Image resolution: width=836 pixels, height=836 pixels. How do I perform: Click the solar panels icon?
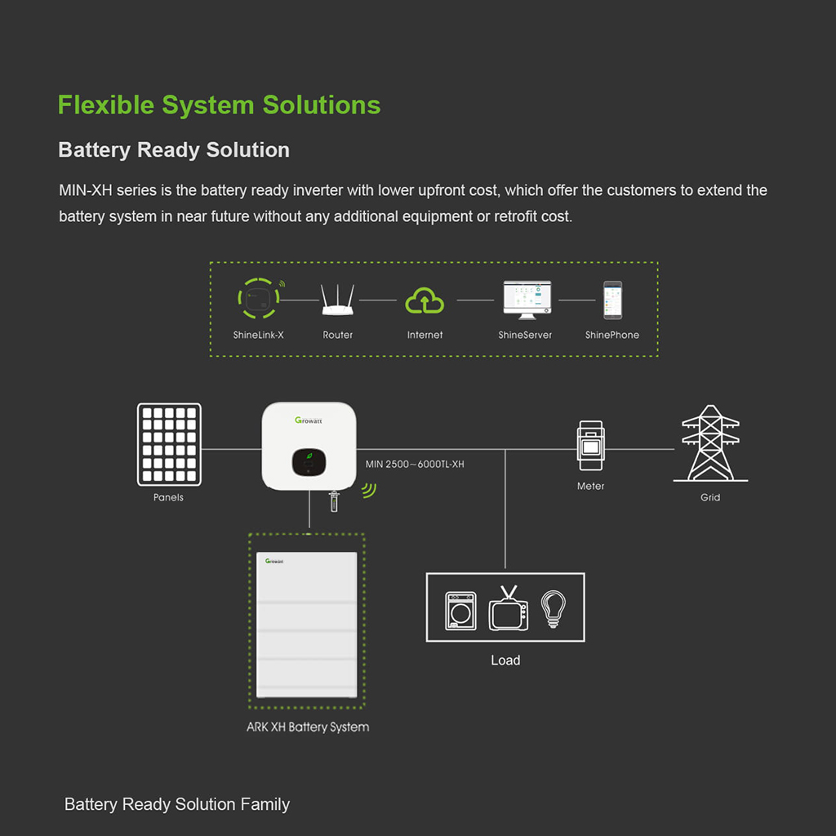coord(170,444)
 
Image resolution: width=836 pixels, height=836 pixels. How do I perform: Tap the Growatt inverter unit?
coord(309,446)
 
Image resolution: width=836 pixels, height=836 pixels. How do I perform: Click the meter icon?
coord(590,446)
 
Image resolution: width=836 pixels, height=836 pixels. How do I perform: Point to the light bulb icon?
coord(554,609)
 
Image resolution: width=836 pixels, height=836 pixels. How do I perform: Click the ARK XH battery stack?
coord(307,625)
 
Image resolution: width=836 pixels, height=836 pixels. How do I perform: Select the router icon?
coord(337,300)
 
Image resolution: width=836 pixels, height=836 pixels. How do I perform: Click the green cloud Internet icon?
coord(425,301)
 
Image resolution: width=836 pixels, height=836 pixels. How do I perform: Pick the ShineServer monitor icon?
coord(526,300)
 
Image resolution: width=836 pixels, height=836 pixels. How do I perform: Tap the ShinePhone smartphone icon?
coord(612,300)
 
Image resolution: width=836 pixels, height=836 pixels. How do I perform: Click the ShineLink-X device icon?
coord(257,300)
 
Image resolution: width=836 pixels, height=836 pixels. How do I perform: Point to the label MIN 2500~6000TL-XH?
coord(415,465)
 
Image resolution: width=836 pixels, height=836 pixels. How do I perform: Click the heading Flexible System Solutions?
coord(219,105)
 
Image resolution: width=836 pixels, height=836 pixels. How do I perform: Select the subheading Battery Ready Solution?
coord(174,150)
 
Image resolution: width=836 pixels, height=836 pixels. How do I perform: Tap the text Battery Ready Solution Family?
coord(177,804)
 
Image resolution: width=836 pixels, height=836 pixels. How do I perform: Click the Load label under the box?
coord(505,660)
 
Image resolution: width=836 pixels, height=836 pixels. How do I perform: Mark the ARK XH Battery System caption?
coord(308,727)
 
